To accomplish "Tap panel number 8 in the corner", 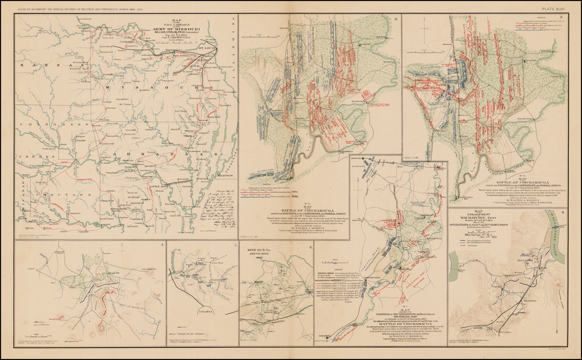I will click(x=562, y=213).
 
